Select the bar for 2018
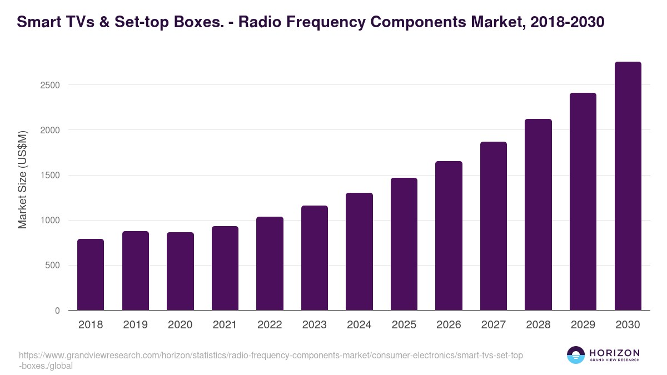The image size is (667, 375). [91, 274]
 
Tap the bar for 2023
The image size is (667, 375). [314, 258]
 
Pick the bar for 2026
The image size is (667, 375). [449, 236]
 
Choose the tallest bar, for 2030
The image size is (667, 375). [628, 186]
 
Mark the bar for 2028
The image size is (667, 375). [538, 214]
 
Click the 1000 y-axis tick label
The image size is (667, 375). [49, 221]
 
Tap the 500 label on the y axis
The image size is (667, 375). [52, 266]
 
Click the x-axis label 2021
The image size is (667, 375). [225, 324]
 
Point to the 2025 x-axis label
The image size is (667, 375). [404, 324]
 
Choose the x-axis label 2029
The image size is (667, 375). [583, 324]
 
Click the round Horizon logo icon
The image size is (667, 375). [576, 355]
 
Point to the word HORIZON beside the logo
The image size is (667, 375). [614, 353]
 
